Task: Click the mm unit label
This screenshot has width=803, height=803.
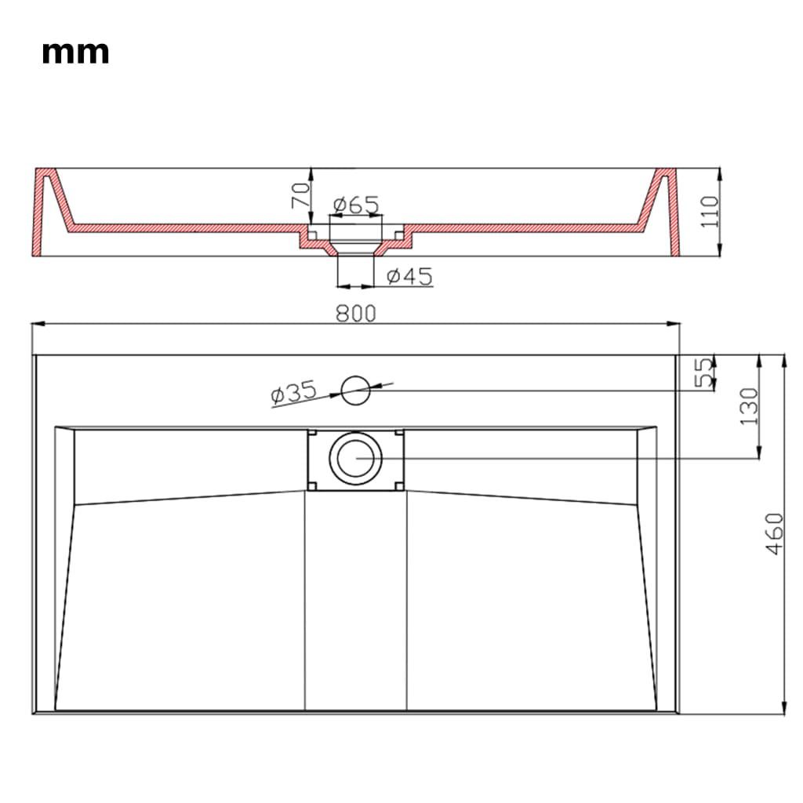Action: point(75,53)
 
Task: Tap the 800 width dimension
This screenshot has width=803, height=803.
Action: point(355,314)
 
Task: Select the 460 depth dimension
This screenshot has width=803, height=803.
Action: point(775,533)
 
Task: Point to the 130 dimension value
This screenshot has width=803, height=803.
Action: point(749,407)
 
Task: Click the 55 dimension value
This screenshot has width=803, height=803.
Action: point(703,371)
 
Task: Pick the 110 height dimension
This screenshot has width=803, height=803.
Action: point(709,212)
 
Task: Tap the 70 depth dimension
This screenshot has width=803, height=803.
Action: point(300,195)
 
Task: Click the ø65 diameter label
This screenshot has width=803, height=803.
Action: point(356,205)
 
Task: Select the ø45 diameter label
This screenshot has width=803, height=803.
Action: point(409,277)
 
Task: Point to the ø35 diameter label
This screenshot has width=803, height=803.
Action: point(293,393)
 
